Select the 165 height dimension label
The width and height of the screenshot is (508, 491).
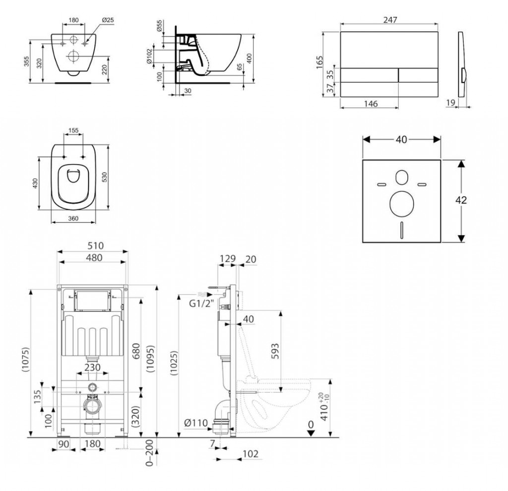(320, 61)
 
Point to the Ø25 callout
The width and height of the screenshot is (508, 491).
(108, 20)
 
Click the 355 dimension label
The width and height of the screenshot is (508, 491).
(27, 61)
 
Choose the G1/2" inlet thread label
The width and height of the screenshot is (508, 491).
(201, 303)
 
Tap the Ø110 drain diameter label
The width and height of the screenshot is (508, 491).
(195, 423)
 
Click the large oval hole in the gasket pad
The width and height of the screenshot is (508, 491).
(401, 204)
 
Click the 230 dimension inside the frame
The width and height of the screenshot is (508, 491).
(92, 368)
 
